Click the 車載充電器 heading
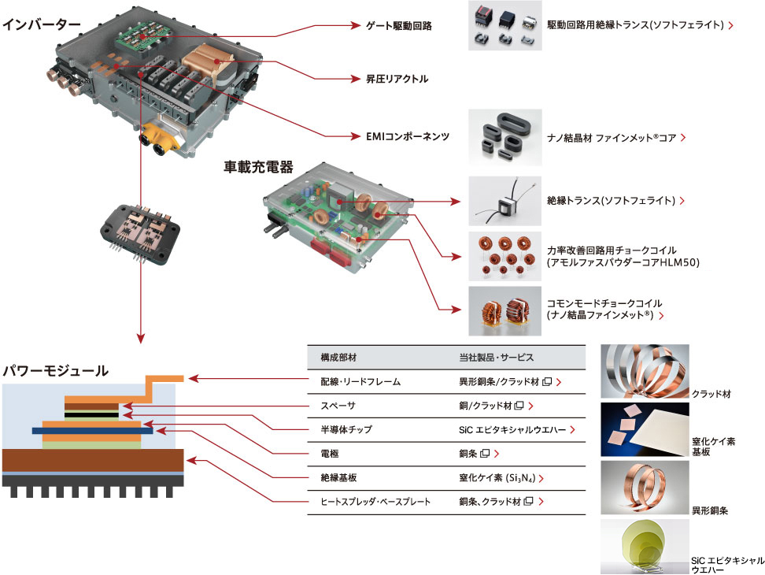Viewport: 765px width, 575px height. tap(258, 166)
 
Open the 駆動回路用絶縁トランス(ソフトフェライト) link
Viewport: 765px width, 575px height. tap(635, 25)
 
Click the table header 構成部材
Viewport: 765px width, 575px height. tap(338, 358)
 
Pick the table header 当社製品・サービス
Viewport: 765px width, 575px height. tap(496, 358)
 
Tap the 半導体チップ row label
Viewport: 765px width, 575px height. tap(341, 430)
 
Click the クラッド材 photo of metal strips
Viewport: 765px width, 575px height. tap(644, 371)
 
